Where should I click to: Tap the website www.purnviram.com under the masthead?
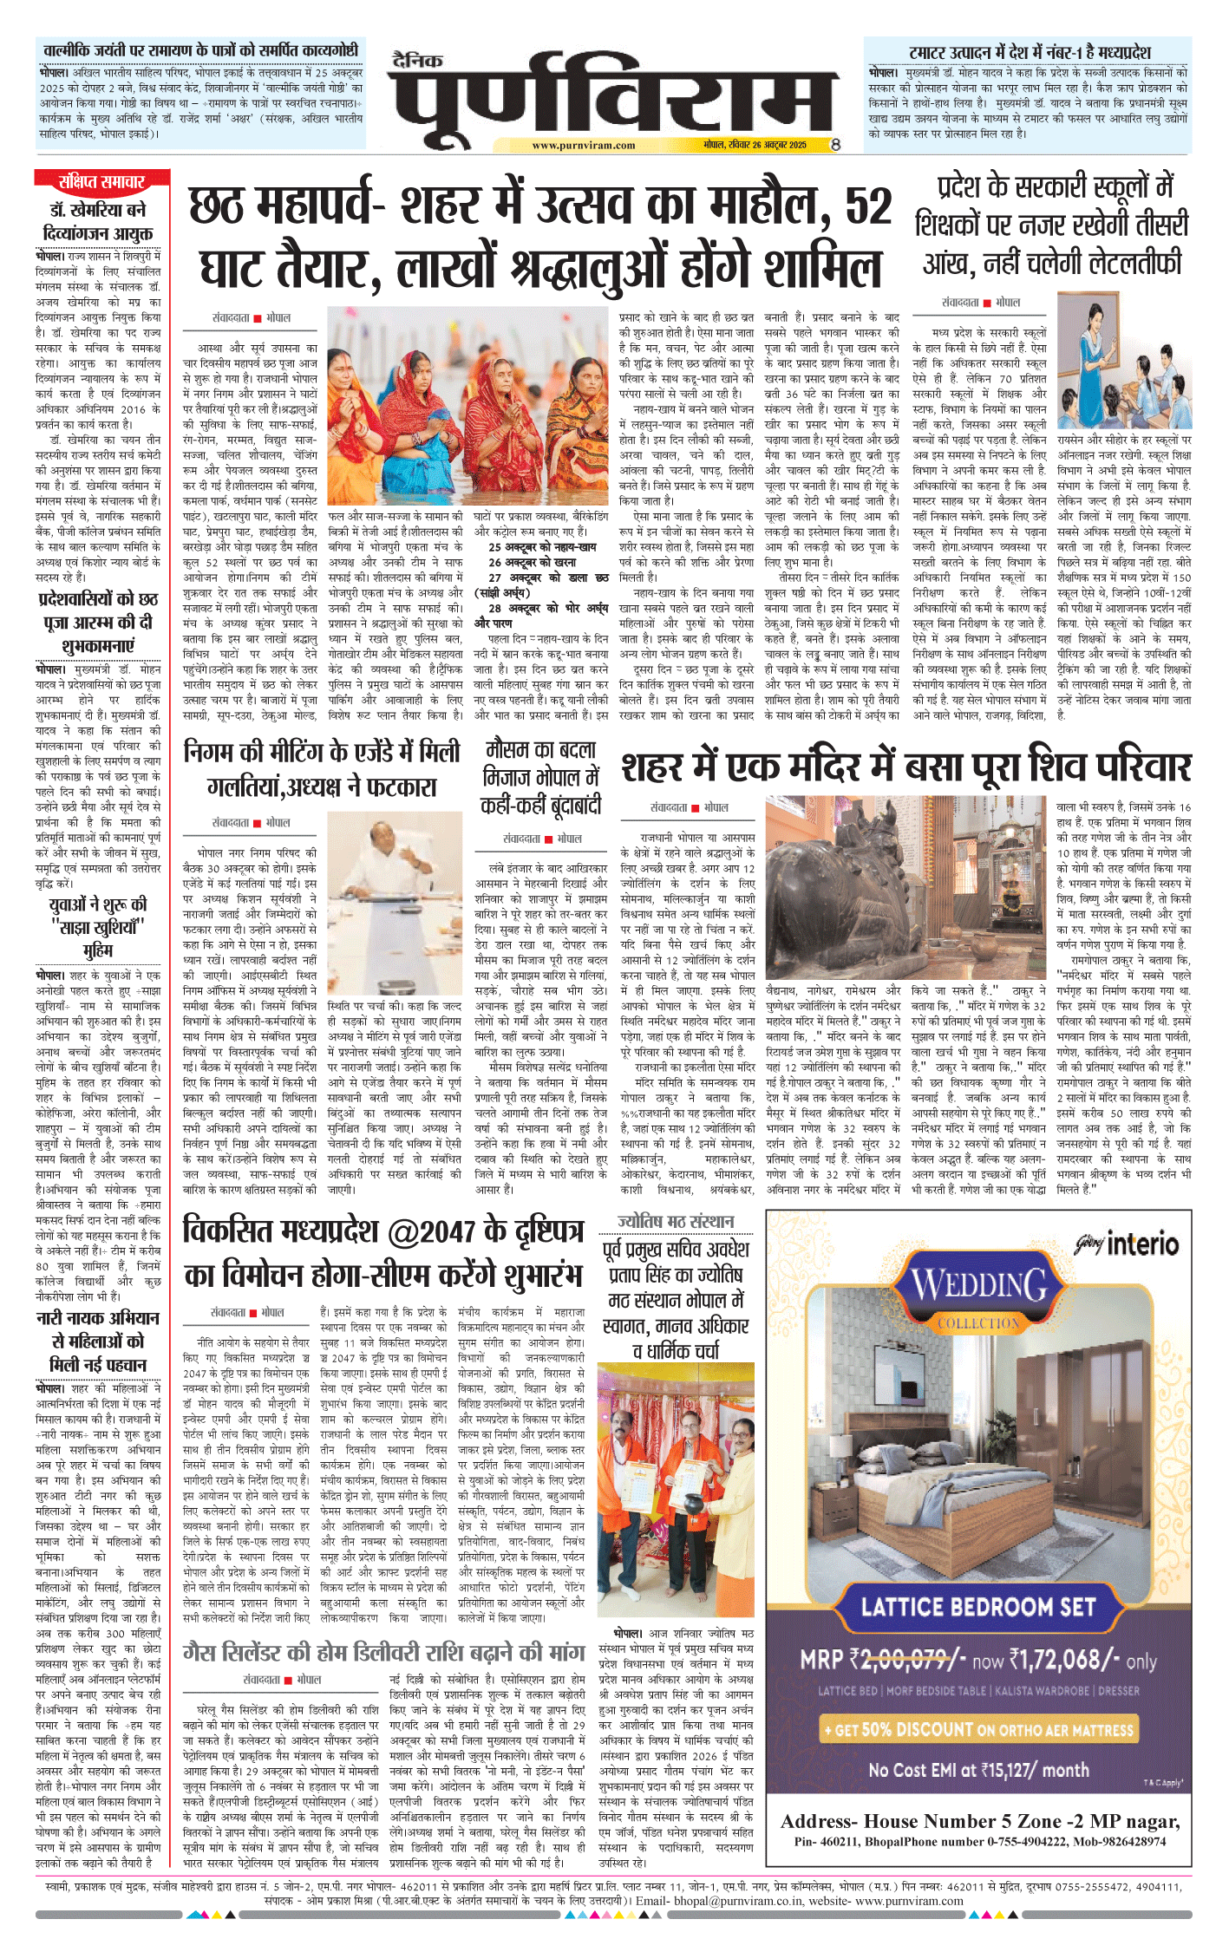[583, 146]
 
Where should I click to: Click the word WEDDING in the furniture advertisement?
[978, 1285]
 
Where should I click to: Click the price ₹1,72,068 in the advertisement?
[1062, 1661]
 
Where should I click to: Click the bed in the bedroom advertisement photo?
[937, 1500]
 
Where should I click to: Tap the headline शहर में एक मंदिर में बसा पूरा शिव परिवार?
[906, 768]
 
